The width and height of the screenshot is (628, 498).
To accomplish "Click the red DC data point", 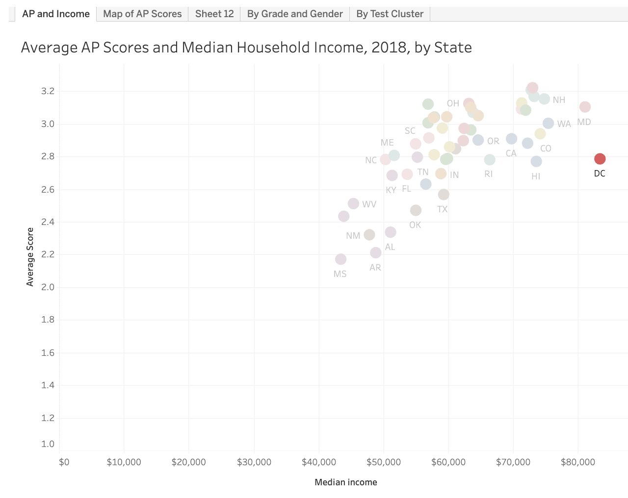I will (x=600, y=159).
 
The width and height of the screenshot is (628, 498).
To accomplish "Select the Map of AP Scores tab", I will (x=142, y=14).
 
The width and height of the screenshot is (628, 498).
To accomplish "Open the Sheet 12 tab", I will (x=214, y=14).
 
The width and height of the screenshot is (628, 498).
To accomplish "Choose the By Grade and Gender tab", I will (x=295, y=14).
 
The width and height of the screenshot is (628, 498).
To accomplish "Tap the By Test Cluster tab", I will (x=390, y=14).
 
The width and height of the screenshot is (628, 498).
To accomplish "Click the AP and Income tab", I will (x=56, y=14).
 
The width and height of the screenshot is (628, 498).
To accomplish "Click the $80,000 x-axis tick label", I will (x=578, y=462).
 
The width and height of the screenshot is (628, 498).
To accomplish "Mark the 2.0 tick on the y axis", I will (x=48, y=287).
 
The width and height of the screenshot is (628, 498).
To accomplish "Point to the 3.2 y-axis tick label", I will (x=48, y=91).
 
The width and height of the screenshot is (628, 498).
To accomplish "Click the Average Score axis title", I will (x=30, y=257).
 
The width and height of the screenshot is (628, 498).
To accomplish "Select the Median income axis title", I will (x=346, y=482).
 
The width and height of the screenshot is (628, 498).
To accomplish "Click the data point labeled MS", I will (x=340, y=259).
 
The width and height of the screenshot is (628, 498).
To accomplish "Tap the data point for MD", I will (x=584, y=107).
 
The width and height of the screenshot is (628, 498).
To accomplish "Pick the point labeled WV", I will (x=353, y=203).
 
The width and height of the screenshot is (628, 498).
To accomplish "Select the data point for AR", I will (x=376, y=252).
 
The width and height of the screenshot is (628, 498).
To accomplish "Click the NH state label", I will (x=559, y=100).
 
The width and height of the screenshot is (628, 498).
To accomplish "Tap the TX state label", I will (x=442, y=209).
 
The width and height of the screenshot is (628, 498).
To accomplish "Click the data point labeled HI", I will (x=536, y=161).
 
